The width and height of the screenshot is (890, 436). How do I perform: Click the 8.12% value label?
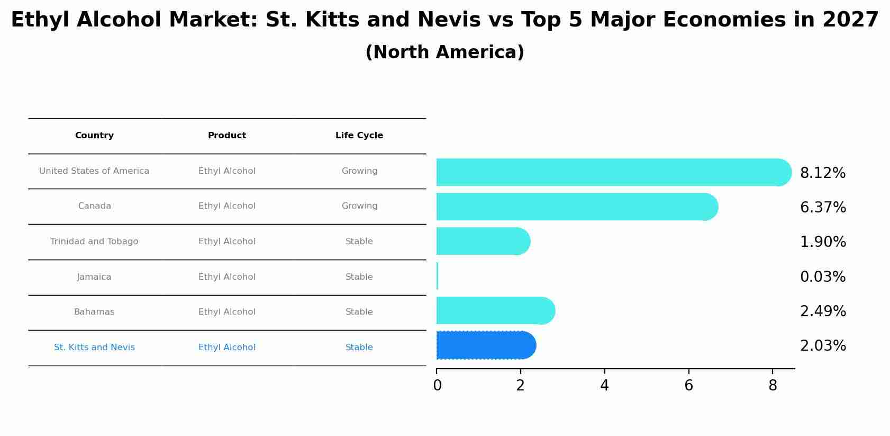(x=822, y=173)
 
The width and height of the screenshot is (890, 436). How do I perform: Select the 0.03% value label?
(x=822, y=277)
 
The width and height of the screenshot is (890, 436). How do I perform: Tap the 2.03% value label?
(x=822, y=346)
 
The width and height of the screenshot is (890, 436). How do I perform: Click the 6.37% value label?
(x=822, y=208)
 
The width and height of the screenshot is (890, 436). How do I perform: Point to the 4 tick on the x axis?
(x=604, y=386)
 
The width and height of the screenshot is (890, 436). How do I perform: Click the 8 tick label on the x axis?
(x=773, y=386)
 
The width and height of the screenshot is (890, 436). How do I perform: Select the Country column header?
(x=94, y=136)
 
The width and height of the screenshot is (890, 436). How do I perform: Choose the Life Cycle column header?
(x=359, y=136)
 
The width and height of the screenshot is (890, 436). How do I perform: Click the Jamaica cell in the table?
(x=94, y=277)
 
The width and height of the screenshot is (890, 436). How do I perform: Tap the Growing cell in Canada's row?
(x=359, y=206)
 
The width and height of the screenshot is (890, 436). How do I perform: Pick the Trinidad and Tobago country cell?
(x=94, y=242)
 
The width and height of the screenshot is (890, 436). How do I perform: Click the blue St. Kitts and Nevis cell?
(x=94, y=348)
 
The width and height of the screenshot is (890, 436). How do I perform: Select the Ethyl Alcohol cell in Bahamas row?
(x=226, y=312)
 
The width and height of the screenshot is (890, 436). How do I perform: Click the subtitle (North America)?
(x=444, y=52)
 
